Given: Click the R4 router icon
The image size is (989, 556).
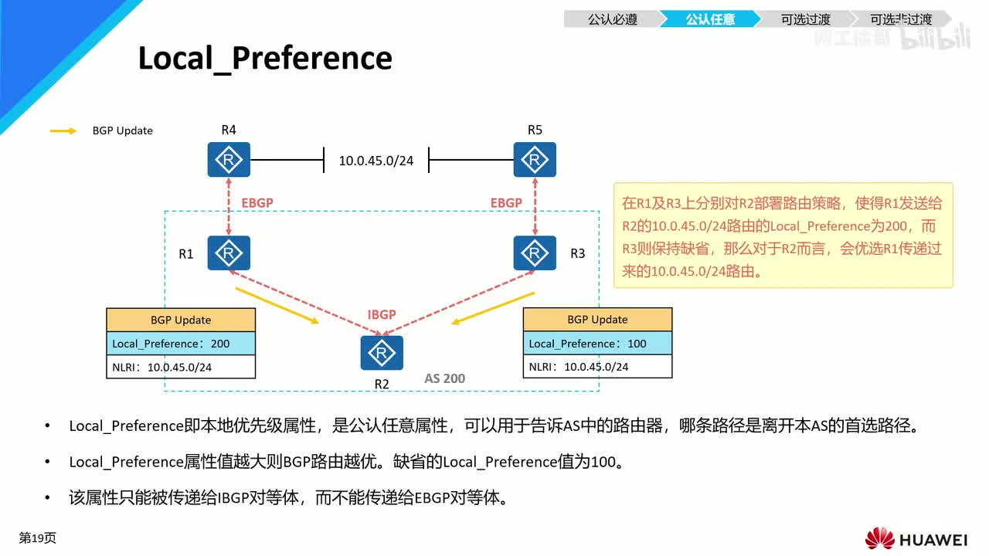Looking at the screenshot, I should [229, 160].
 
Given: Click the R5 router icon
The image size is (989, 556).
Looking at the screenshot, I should [535, 160].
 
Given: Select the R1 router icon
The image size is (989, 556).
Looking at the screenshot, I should [229, 253].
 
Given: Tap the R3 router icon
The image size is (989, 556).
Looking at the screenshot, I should [535, 253].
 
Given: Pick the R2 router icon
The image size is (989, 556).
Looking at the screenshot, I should [382, 353].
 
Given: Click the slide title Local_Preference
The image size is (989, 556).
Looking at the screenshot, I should [265, 58].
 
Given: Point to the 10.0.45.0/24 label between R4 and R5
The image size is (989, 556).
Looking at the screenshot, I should [376, 161].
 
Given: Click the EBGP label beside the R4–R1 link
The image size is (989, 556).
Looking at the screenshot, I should [257, 203].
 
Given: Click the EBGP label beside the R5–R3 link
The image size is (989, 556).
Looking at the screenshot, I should [506, 203].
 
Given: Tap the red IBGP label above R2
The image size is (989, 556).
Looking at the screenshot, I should [382, 314].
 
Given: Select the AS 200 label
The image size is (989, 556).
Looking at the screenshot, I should [445, 378].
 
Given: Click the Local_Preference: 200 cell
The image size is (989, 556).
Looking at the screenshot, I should [181, 344].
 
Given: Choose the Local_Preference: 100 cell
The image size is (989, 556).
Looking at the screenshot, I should [597, 344].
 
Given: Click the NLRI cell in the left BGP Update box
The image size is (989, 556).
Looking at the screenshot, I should [181, 367].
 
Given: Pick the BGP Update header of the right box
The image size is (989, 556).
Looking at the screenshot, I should [597, 320].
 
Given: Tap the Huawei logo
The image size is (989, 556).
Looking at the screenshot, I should [916, 538].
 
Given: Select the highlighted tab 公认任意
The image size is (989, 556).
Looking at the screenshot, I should [709, 19].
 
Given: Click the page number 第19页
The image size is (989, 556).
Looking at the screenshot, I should [38, 537].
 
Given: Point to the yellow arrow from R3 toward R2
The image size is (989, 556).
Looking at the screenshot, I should [494, 309].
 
